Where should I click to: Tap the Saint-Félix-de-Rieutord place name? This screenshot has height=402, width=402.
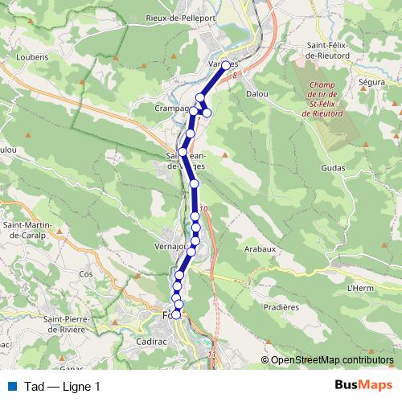(330, 51)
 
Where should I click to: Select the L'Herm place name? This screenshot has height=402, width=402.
(362, 287)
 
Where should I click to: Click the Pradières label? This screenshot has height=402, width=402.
(281, 306)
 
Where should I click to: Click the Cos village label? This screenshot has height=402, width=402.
(87, 273)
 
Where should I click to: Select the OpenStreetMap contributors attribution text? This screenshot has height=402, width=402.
(333, 360)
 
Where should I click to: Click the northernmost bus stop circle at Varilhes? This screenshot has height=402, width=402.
(225, 66)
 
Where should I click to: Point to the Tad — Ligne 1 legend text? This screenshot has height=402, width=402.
(63, 387)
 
